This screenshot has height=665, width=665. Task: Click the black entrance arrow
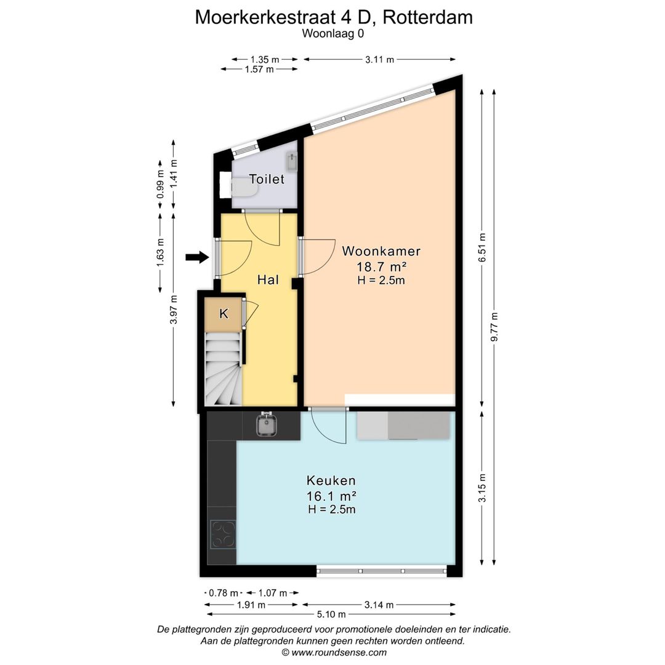197,257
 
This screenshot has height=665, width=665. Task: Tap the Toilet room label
267,179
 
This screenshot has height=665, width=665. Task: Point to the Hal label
268,280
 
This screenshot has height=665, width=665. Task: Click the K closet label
224,314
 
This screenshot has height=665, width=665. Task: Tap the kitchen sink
267,424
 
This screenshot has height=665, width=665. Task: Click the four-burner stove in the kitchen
223,534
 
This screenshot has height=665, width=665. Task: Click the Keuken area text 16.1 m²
331,496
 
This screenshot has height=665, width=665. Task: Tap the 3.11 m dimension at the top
379,60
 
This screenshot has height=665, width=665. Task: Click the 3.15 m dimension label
483,488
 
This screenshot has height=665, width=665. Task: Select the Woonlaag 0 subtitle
332,34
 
